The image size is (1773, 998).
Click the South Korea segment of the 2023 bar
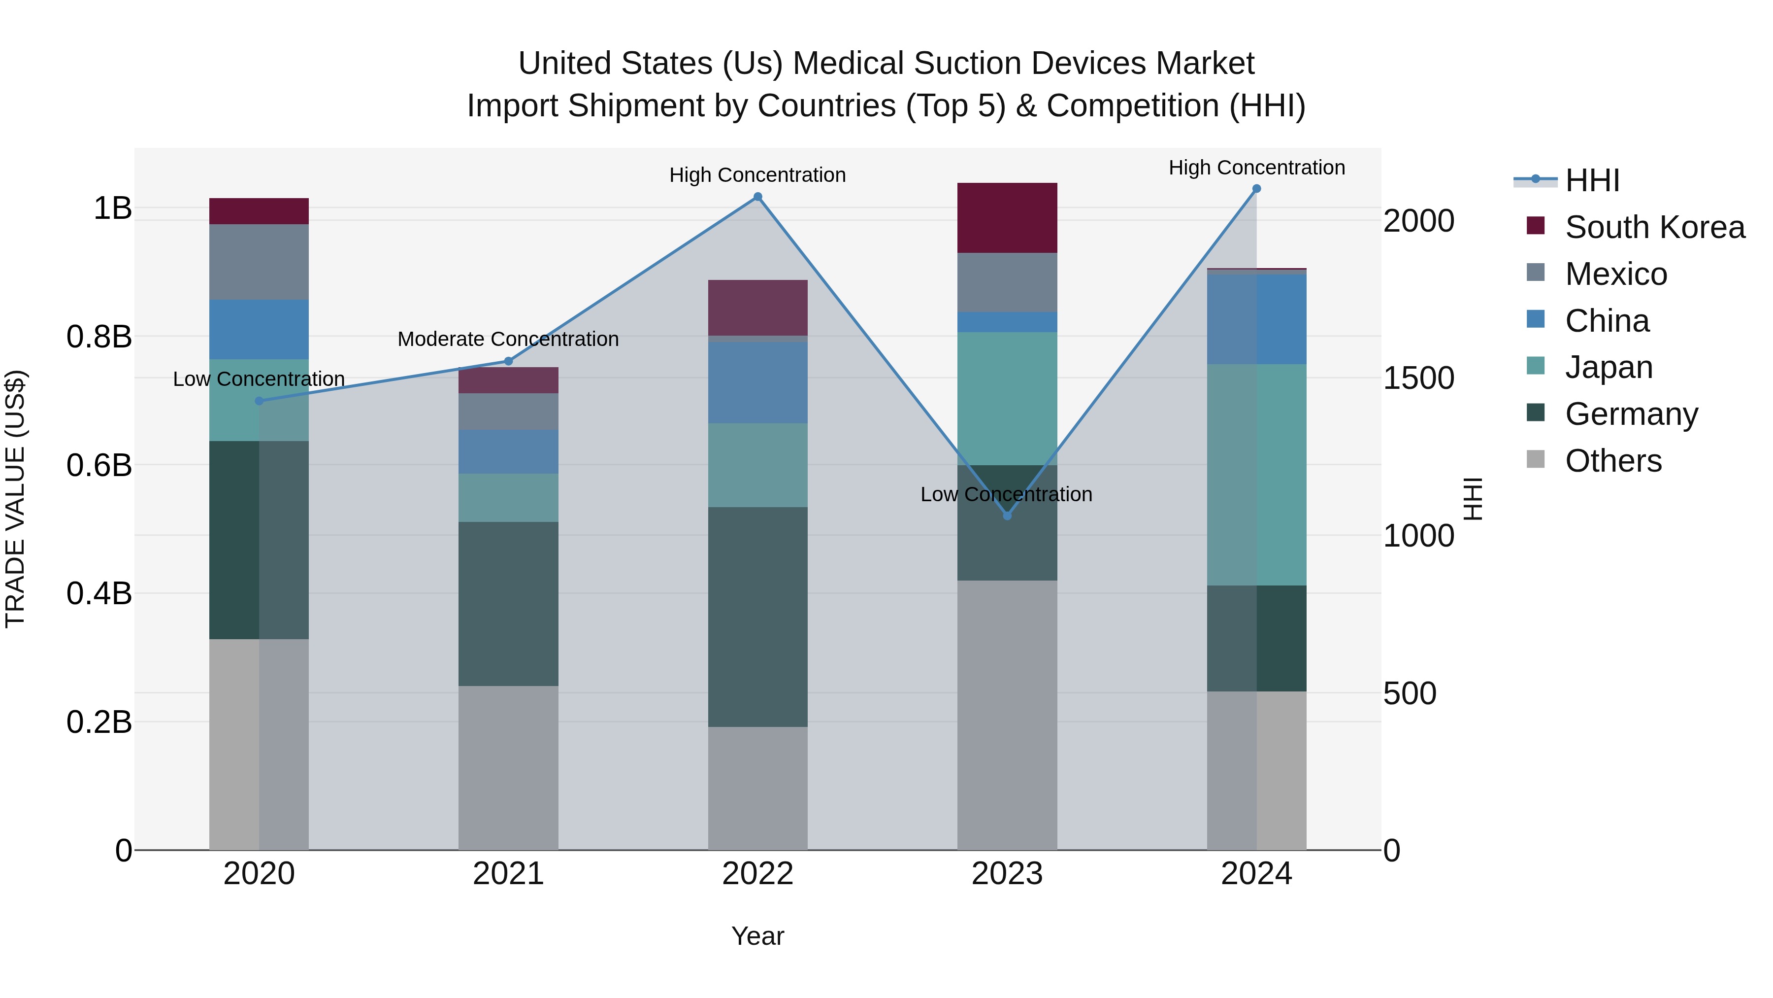pos(1007,218)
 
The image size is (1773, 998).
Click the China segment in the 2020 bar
pos(259,329)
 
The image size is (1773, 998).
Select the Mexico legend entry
pos(1615,274)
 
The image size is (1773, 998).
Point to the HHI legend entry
pos(1591,180)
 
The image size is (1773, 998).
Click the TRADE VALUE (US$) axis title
pos(15,499)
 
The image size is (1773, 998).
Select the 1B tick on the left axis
pos(112,208)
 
